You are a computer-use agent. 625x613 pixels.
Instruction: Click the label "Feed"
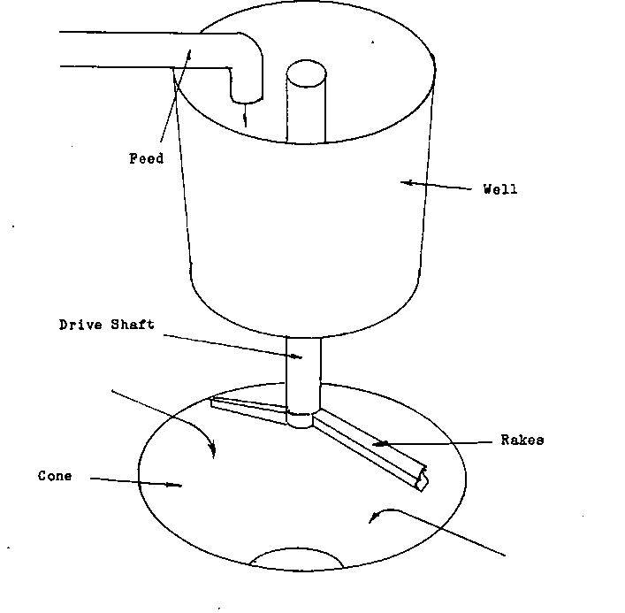pyautogui.click(x=146, y=158)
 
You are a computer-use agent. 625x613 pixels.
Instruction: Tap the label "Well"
pyautogui.click(x=500, y=188)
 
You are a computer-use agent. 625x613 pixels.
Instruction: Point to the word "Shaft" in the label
pyautogui.click(x=133, y=325)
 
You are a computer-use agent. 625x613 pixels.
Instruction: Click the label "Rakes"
pyautogui.click(x=522, y=440)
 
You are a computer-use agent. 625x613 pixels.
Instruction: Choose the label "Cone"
pyautogui.click(x=55, y=476)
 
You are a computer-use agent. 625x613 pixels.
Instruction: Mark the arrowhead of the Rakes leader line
pyautogui.click(x=380, y=443)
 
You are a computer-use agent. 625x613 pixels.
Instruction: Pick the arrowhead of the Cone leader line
pyautogui.click(x=174, y=485)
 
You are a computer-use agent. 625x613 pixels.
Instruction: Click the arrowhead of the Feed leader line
pyautogui.click(x=189, y=55)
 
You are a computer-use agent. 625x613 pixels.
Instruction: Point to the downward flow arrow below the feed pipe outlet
pyautogui.click(x=245, y=115)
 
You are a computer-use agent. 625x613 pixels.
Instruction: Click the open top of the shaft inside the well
pyautogui.click(x=306, y=73)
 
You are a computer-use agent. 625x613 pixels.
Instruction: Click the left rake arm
pyautogui.click(x=248, y=410)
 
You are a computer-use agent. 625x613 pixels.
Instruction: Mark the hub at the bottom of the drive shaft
pyautogui.click(x=301, y=419)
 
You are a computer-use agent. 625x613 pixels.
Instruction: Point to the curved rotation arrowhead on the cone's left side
pyautogui.click(x=212, y=448)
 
